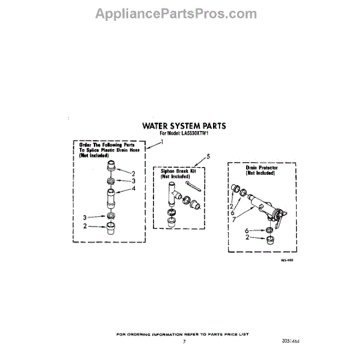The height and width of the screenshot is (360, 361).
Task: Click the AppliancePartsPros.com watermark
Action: tap(180, 13)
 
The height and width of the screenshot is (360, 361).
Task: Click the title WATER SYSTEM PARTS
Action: tap(184, 127)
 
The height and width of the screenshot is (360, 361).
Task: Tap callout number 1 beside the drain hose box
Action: tap(161, 142)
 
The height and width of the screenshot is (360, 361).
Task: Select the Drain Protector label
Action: tap(261, 170)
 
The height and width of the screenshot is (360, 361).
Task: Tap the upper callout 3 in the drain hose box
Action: tap(134, 180)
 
